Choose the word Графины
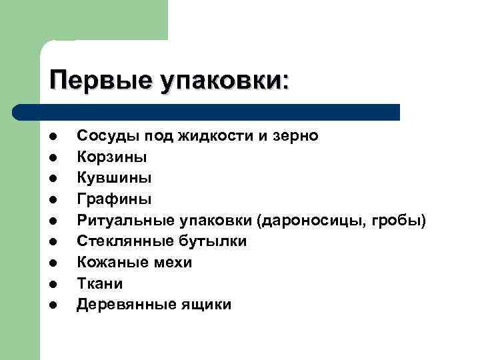(x=115, y=199)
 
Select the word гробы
(x=400, y=220)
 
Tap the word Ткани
(x=100, y=283)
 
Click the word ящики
(x=209, y=305)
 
